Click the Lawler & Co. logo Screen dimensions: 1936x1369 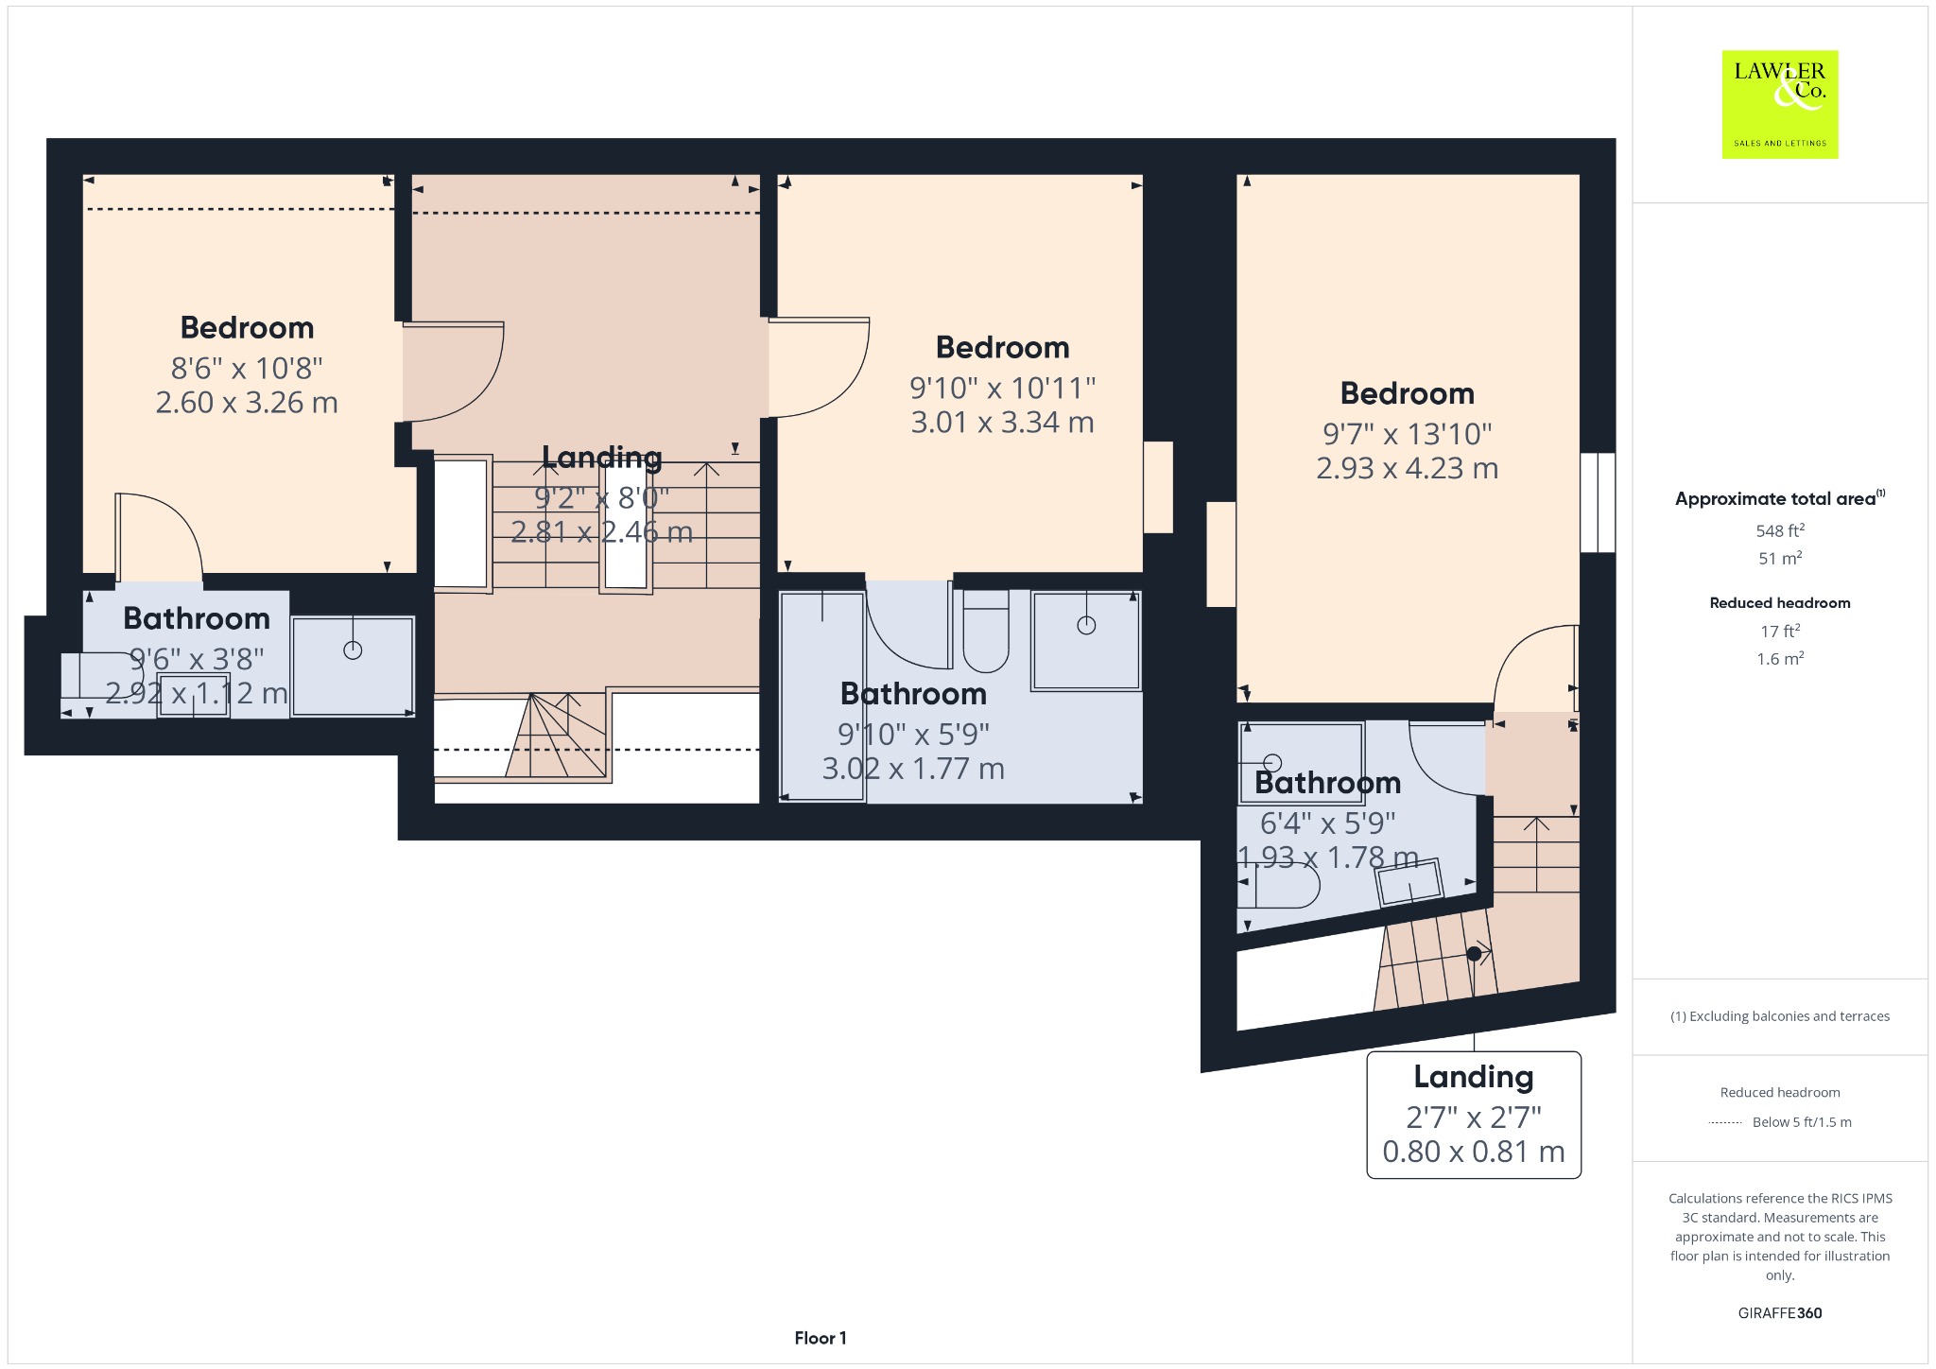(x=1779, y=104)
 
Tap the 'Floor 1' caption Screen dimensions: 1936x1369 (x=821, y=1338)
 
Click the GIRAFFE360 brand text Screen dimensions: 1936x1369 (x=1780, y=1312)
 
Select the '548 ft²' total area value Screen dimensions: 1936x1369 (x=1780, y=530)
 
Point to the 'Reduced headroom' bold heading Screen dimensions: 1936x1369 (x=1780, y=602)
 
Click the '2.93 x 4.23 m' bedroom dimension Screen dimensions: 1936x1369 (x=1407, y=468)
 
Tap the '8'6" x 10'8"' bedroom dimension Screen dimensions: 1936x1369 (x=247, y=368)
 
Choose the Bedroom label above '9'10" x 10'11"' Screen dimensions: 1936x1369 (x=1002, y=347)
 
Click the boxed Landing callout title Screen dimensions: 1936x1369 (x=1474, y=1076)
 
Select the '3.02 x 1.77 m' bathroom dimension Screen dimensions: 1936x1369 (x=913, y=769)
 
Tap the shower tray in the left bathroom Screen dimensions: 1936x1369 (x=353, y=667)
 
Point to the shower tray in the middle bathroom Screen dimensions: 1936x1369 (x=1086, y=640)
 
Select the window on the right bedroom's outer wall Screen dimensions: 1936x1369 (x=1598, y=502)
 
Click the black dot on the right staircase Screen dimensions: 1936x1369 (x=1474, y=954)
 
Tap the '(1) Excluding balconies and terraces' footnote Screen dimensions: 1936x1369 (x=1780, y=1016)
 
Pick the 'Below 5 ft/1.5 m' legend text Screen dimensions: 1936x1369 (x=1802, y=1122)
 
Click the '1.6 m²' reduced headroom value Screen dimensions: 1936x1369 (x=1780, y=658)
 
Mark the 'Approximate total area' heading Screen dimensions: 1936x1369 (x=1780, y=498)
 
